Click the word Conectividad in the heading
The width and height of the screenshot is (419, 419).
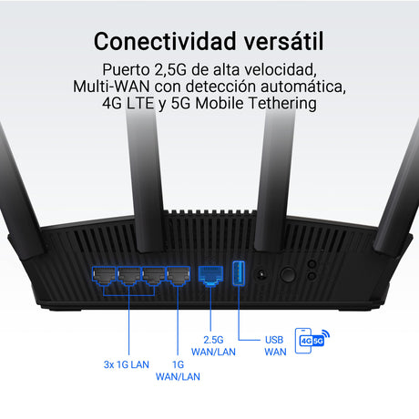[165, 41]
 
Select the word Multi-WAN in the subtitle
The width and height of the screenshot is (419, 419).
[111, 87]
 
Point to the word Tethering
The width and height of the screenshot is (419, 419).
[282, 103]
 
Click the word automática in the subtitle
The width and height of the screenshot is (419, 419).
[303, 87]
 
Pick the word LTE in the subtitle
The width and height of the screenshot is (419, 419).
[140, 103]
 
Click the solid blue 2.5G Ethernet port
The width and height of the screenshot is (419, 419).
[210, 276]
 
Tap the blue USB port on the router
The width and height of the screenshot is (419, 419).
[239, 273]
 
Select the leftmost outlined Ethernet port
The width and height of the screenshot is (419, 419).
[104, 276]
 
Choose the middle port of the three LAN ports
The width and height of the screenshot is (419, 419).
[129, 276]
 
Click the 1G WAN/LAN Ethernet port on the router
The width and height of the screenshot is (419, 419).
[179, 276]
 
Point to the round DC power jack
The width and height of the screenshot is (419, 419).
[261, 275]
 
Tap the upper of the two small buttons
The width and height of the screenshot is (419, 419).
[312, 263]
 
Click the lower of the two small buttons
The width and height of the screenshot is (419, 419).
[312, 276]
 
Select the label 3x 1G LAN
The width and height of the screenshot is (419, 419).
[127, 364]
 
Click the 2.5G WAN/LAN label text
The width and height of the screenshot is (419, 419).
[213, 346]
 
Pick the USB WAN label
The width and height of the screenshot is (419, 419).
[275, 346]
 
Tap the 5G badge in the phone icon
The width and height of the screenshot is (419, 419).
[318, 341]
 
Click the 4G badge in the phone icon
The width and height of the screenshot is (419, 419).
[306, 341]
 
